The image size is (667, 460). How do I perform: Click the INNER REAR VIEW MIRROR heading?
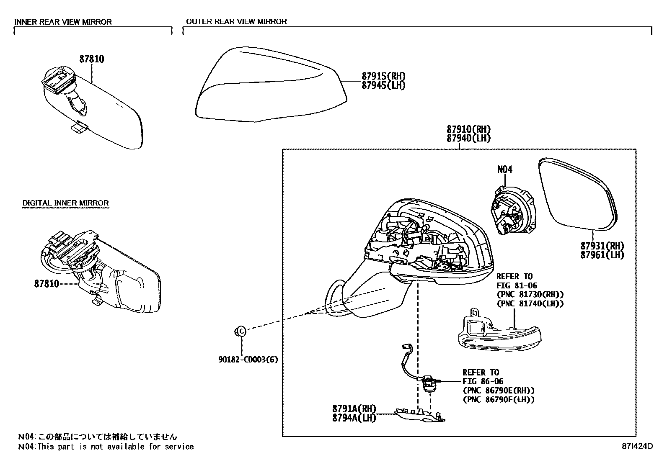[63, 22]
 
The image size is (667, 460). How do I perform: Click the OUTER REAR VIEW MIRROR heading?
[236, 21]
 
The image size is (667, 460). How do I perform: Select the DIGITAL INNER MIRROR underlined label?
[65, 203]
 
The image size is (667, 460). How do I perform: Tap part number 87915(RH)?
[383, 76]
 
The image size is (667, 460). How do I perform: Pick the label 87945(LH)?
[383, 85]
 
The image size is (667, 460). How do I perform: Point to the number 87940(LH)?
[468, 139]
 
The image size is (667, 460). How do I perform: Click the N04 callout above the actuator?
[504, 170]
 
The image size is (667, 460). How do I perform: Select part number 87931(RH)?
[602, 246]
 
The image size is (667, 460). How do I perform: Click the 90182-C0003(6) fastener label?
[248, 360]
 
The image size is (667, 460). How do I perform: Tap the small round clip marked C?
[240, 331]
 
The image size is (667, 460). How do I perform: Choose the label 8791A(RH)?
[354, 409]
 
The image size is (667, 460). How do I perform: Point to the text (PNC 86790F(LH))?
[499, 399]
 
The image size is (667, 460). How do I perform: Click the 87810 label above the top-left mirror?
[92, 59]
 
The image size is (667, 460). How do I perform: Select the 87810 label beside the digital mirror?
[47, 284]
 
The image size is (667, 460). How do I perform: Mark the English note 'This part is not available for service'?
[116, 447]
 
